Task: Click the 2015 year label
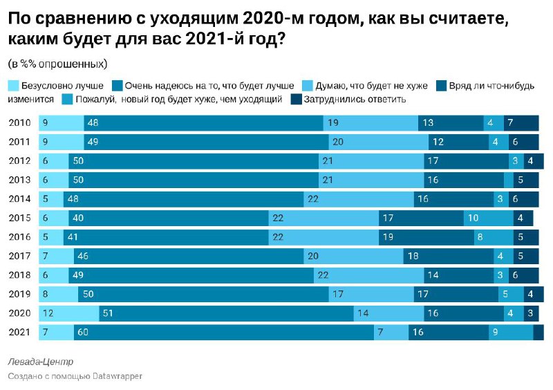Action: click(x=19, y=218)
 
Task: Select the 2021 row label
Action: click(x=19, y=332)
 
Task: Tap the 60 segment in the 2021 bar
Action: click(x=225, y=332)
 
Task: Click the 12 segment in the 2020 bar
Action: click(x=68, y=313)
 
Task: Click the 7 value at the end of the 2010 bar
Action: click(x=521, y=123)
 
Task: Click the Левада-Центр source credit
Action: click(x=41, y=362)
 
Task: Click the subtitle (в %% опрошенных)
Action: click(x=57, y=64)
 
